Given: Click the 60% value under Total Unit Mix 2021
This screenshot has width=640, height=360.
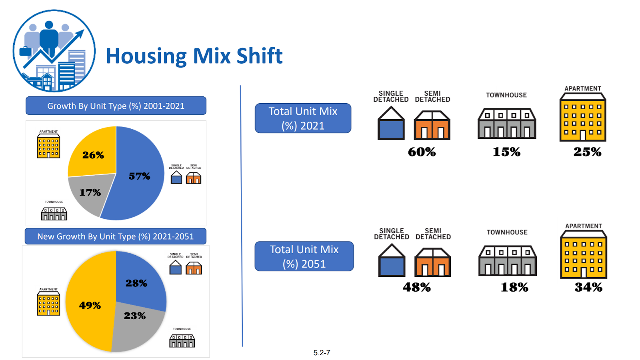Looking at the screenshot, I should pyautogui.click(x=422, y=152).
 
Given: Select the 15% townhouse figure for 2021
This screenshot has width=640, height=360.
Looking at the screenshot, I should pyautogui.click(x=506, y=152).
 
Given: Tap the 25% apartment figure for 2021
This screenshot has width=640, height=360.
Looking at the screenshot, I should pyautogui.click(x=587, y=152).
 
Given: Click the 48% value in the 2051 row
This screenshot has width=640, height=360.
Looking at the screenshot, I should pyautogui.click(x=417, y=287).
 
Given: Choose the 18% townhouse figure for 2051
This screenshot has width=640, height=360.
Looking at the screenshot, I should pyautogui.click(x=514, y=287).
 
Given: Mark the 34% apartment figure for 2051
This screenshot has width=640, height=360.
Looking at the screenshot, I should pyautogui.click(x=588, y=287).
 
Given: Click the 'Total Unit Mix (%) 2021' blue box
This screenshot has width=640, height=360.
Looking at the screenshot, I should pyautogui.click(x=303, y=118).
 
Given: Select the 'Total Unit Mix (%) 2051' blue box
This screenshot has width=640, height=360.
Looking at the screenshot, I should pyautogui.click(x=304, y=256).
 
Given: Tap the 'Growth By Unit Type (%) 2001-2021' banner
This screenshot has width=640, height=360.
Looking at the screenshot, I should pyautogui.click(x=116, y=106).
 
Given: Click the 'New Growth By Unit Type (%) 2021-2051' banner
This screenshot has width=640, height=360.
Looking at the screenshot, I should pyautogui.click(x=116, y=236).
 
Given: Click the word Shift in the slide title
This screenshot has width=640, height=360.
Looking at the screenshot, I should pyautogui.click(x=259, y=56).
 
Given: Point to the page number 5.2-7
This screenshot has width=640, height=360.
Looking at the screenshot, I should pyautogui.click(x=322, y=353).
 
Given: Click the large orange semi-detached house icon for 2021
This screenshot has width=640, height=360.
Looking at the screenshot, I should pyautogui.click(x=432, y=126).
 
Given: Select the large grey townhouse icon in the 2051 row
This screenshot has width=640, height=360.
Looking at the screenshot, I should pyautogui.click(x=508, y=261).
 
